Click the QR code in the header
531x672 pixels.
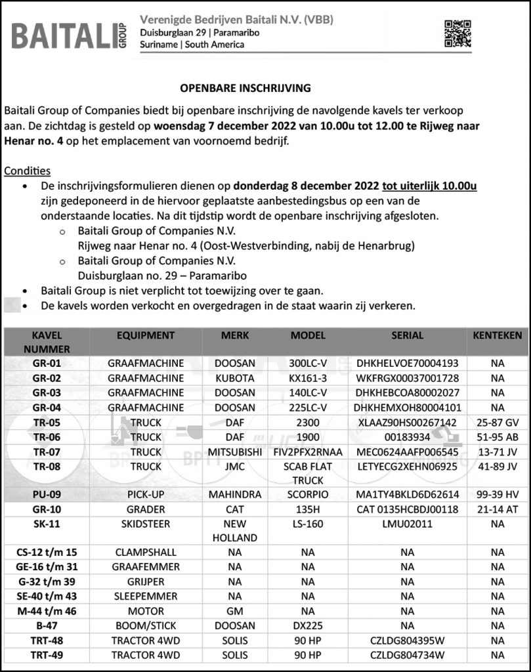pyautogui.click(x=457, y=33)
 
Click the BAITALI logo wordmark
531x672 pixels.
pyautogui.click(x=66, y=35)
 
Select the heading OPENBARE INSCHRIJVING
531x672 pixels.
pyautogui.click(x=245, y=87)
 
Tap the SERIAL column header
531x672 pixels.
pyautogui.click(x=407, y=335)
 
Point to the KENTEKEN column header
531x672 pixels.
pyautogui.click(x=497, y=335)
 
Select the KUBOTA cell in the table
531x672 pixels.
pyautogui.click(x=235, y=378)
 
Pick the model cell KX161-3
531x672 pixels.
pyautogui.click(x=308, y=378)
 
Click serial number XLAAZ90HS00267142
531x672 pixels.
pyautogui.click(x=407, y=423)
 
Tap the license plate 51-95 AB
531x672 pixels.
pyautogui.click(x=497, y=437)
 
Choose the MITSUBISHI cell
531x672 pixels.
pyautogui.click(x=235, y=452)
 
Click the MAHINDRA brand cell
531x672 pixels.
pyautogui.click(x=235, y=494)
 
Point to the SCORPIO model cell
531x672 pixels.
pyautogui.click(x=308, y=494)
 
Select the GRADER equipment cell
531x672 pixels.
pyautogui.click(x=145, y=509)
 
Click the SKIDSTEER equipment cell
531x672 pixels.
pyautogui.click(x=145, y=524)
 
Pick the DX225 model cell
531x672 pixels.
pyautogui.click(x=308, y=625)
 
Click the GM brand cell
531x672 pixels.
pyautogui.click(x=235, y=611)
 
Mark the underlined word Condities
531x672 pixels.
pyautogui.click(x=22, y=171)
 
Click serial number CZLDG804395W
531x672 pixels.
pyautogui.click(x=407, y=640)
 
